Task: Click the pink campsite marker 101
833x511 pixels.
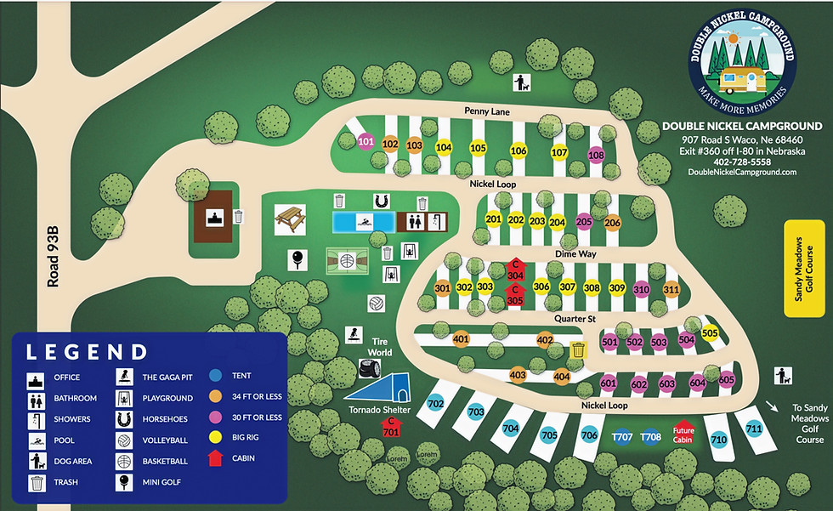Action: [x=366, y=141]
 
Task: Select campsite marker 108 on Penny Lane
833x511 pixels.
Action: [x=596, y=156]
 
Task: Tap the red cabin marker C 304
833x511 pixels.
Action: [x=515, y=270]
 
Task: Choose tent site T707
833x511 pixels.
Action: [x=622, y=437]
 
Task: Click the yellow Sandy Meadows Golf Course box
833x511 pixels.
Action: [x=803, y=269]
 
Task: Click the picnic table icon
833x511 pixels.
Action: [x=290, y=219]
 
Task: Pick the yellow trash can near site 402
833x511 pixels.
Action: [x=578, y=350]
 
